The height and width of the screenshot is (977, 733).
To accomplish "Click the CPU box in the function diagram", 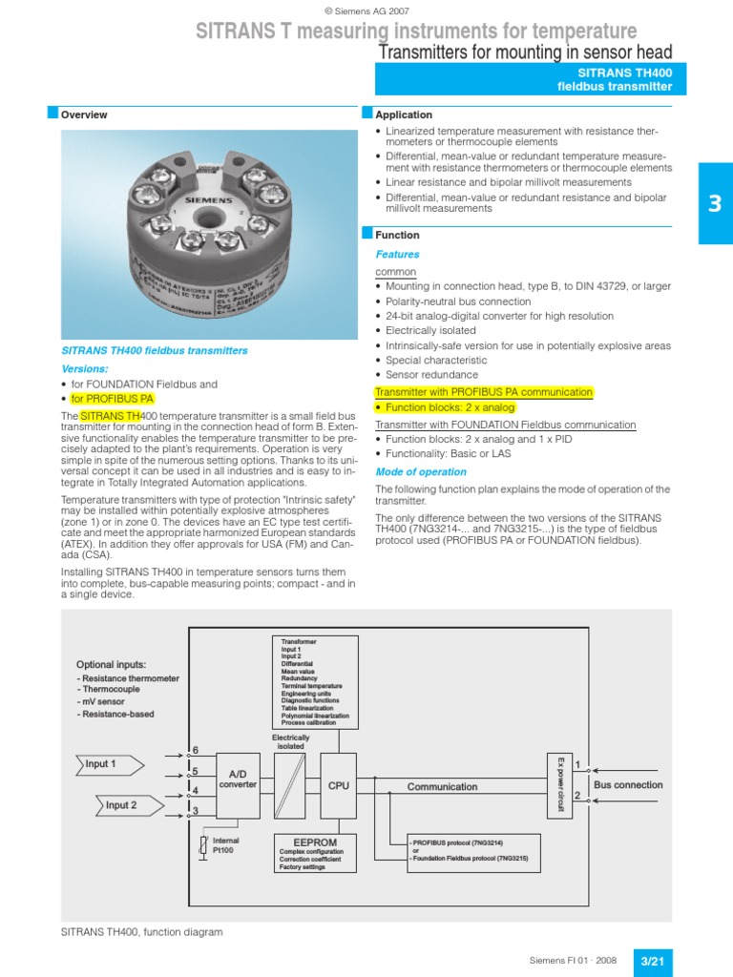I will click(339, 786).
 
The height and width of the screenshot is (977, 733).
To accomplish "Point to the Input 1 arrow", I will click(108, 763).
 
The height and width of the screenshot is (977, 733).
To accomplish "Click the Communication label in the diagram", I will click(442, 787).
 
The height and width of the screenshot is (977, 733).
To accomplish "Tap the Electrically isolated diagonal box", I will click(291, 785).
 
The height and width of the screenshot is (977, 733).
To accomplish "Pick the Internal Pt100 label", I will click(225, 845).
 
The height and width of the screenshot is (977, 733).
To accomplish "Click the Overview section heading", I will click(84, 114).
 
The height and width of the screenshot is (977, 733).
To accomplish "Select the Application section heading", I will click(404, 114).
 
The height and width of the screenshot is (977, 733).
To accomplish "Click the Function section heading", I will click(397, 235).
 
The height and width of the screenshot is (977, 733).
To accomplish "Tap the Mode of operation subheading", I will click(421, 472).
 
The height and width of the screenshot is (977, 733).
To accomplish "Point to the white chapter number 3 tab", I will click(716, 203).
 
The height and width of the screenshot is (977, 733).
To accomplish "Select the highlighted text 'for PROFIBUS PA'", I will click(113, 399).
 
